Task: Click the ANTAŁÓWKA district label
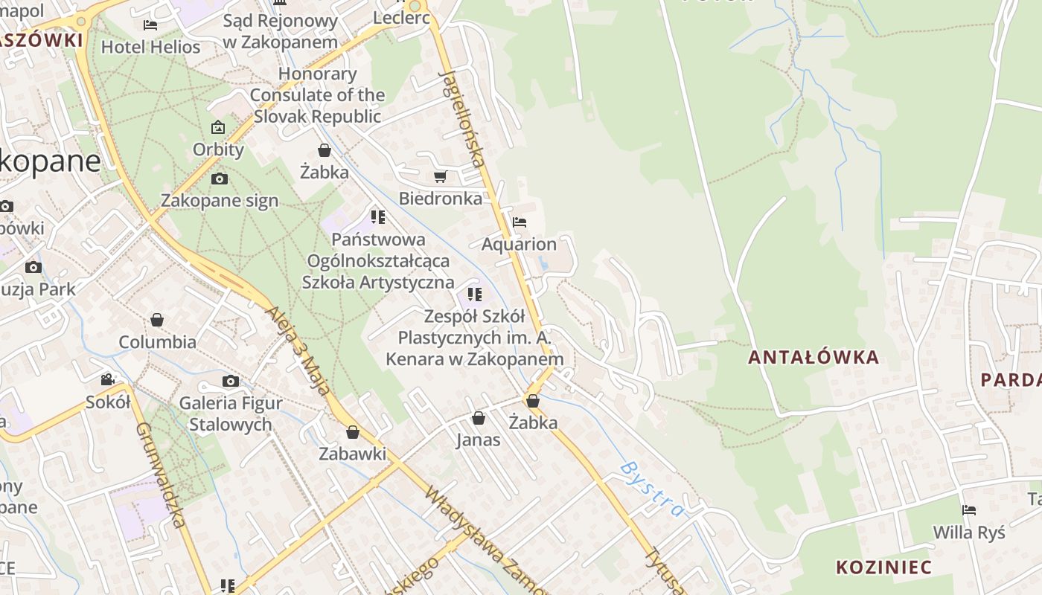point(814,358)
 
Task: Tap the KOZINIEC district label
point(883,567)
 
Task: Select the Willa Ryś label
point(969,533)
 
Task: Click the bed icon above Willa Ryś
point(969,510)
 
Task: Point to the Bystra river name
point(652,489)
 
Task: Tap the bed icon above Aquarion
point(520,222)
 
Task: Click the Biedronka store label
point(441,199)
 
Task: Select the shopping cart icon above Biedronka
point(440,176)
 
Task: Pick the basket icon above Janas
point(479,418)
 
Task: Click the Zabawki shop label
point(353,454)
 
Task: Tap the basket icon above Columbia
point(157,320)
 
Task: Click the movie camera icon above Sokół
point(108,380)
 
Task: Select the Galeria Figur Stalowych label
point(231,414)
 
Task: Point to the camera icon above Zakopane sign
point(220,178)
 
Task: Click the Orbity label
point(218,149)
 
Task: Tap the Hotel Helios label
point(150,47)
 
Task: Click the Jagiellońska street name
point(463,118)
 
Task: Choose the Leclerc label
point(402,18)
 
